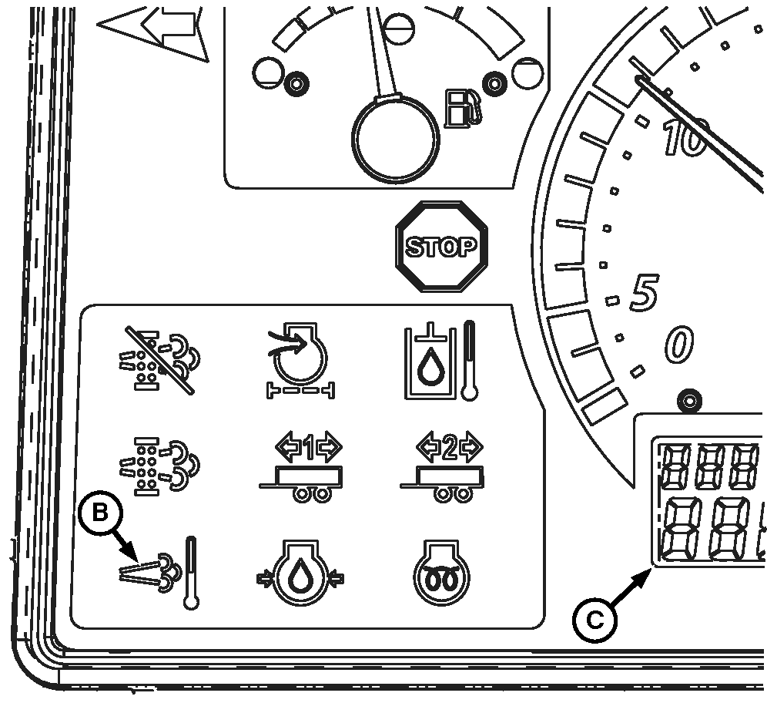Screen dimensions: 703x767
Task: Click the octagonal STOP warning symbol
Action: tap(441, 247)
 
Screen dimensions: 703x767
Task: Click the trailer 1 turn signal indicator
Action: tap(300, 469)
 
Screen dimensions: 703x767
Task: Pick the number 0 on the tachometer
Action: tap(678, 344)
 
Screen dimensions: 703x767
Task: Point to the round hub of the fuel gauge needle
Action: tap(396, 139)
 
